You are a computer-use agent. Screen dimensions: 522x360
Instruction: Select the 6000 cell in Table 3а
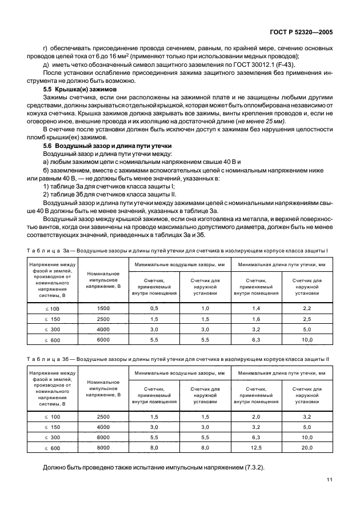click(103, 340)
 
